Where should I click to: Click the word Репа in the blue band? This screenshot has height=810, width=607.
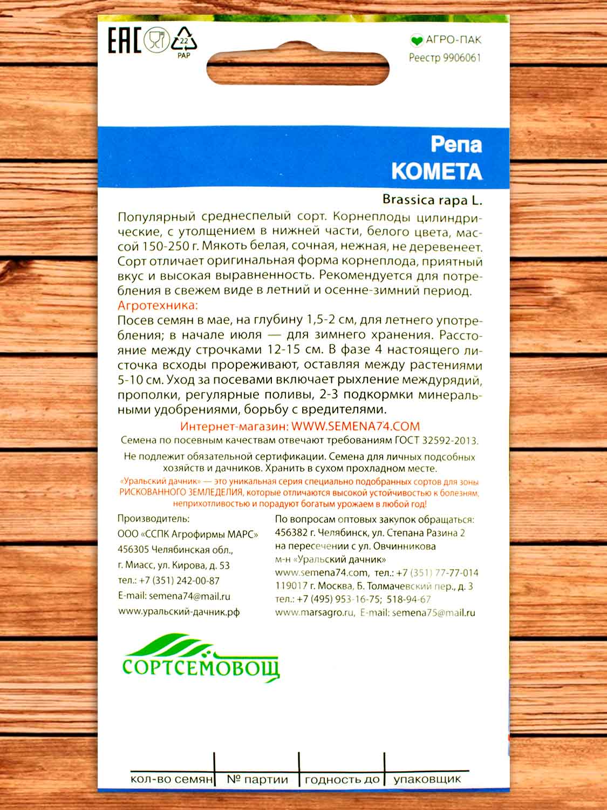point(456,145)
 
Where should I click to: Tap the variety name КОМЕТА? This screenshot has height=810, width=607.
point(436,171)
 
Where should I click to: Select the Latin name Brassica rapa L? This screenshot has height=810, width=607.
point(432,199)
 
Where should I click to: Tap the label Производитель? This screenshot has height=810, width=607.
point(153,519)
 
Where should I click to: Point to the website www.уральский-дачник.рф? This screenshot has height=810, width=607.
point(179,612)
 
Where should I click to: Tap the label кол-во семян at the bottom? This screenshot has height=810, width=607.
point(172,780)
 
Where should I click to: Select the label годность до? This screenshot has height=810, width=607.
point(342,780)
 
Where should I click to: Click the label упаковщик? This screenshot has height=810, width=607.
point(427,779)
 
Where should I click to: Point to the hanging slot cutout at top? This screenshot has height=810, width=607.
point(298,68)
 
